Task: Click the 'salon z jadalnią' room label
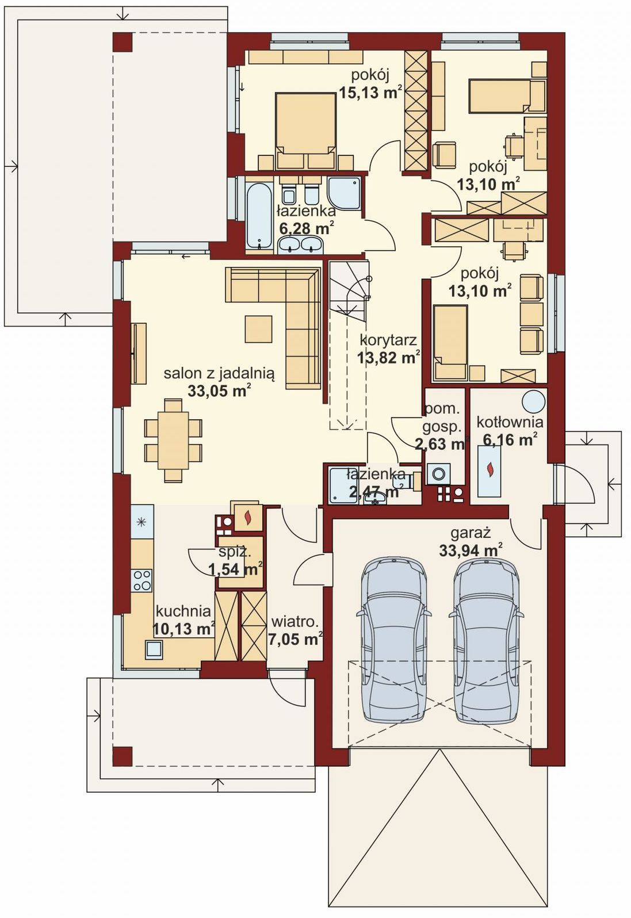[219, 374]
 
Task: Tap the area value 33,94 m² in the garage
[471, 550]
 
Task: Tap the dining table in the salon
[173, 440]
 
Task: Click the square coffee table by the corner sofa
[258, 328]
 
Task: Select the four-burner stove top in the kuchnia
[142, 580]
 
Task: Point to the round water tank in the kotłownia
[534, 400]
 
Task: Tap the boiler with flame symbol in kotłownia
[489, 471]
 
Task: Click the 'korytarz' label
[388, 340]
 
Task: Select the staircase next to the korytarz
[348, 345]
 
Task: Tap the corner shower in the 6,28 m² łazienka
[345, 193]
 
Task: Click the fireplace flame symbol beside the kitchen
[247, 518]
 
